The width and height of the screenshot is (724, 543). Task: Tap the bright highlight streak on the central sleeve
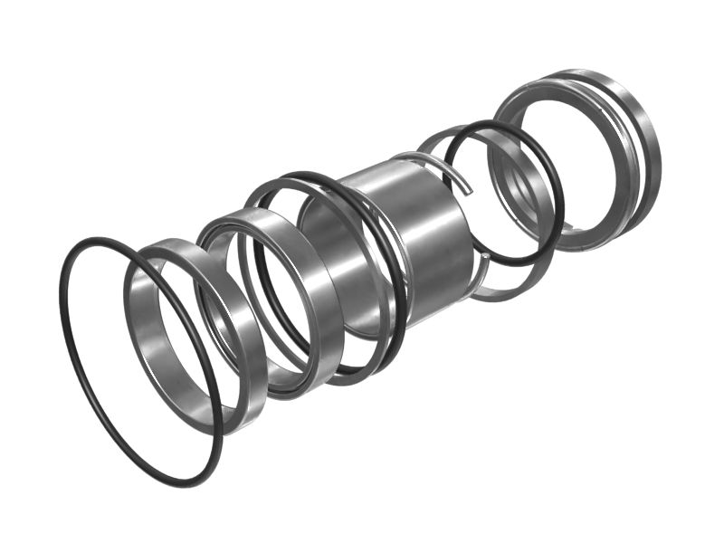pyautogui.click(x=443, y=226)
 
